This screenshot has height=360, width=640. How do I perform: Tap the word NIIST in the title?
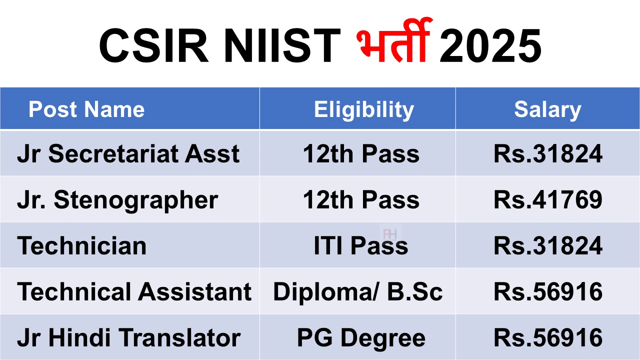(x=282, y=45)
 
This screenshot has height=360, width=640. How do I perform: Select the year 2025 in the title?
(x=490, y=45)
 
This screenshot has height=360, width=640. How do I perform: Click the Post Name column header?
(x=86, y=109)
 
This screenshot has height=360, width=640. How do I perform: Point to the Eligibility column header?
(x=364, y=110)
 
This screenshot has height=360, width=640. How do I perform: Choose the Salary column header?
(x=547, y=110)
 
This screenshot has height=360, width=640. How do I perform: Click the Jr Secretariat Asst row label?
(x=128, y=153)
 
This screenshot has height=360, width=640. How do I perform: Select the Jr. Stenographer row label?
(x=117, y=200)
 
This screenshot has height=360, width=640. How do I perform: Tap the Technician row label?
(x=81, y=245)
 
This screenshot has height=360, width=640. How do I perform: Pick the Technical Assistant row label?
(x=134, y=291)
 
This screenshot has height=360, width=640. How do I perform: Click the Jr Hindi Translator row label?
(x=129, y=337)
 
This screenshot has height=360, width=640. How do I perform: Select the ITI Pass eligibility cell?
(x=361, y=245)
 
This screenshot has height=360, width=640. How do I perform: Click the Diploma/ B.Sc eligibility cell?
(x=358, y=291)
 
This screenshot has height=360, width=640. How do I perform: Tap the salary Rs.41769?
(x=548, y=199)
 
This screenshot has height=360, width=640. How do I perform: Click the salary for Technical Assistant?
(x=548, y=291)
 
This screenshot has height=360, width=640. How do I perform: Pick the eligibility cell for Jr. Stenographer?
(x=361, y=199)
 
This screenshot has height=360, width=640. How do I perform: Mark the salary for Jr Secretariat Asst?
(x=548, y=153)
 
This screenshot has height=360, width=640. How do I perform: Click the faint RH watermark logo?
(x=390, y=234)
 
